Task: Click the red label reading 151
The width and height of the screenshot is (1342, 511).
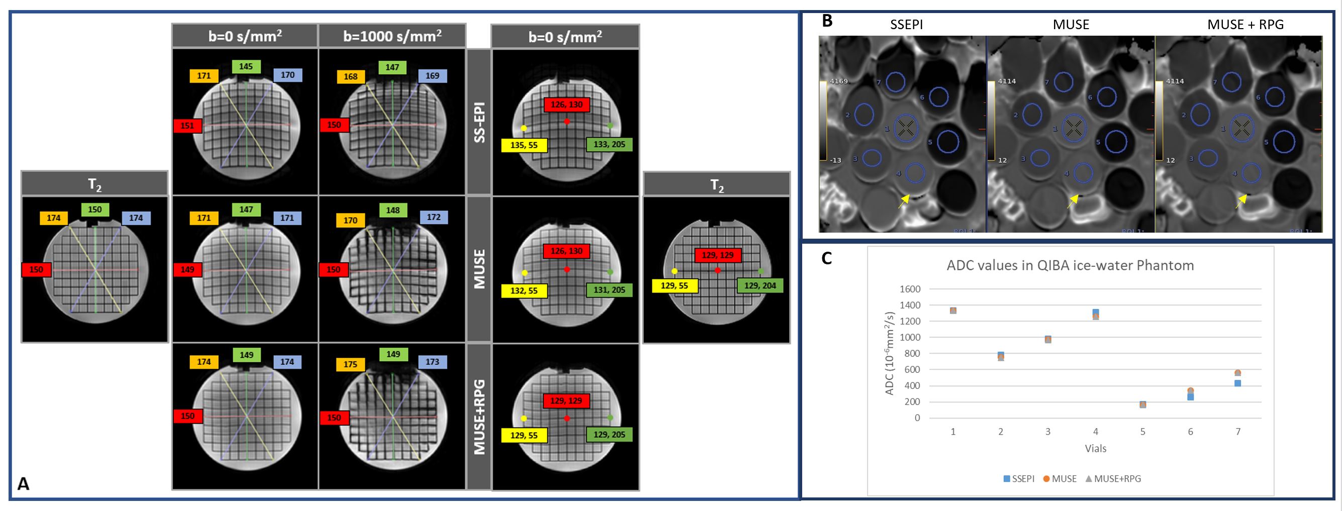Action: tap(187, 126)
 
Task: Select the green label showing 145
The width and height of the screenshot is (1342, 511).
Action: tap(246, 67)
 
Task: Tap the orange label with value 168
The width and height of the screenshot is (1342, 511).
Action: tap(351, 76)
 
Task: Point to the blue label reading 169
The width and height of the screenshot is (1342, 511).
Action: tap(432, 75)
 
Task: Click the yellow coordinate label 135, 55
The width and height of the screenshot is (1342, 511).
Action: tap(524, 145)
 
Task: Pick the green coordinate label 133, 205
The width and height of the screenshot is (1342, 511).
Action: tap(610, 144)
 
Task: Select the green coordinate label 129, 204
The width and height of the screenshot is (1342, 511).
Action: tap(760, 285)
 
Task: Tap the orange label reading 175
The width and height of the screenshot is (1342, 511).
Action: tap(351, 364)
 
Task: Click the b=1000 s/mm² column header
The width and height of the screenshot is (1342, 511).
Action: tap(392, 36)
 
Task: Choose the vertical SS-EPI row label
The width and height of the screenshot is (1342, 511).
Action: tap(480, 122)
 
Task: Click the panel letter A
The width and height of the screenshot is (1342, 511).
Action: tap(24, 484)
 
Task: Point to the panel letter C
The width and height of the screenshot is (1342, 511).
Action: tap(826, 258)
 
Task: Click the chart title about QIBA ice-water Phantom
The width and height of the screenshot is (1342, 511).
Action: tap(1070, 266)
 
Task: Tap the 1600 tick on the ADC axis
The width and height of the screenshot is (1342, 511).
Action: tap(910, 289)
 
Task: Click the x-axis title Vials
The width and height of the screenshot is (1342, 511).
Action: tap(1096, 449)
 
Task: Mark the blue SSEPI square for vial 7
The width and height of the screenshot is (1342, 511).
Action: tap(1238, 383)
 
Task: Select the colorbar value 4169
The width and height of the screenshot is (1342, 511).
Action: tap(839, 81)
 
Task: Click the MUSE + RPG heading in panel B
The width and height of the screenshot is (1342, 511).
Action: tap(1245, 25)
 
